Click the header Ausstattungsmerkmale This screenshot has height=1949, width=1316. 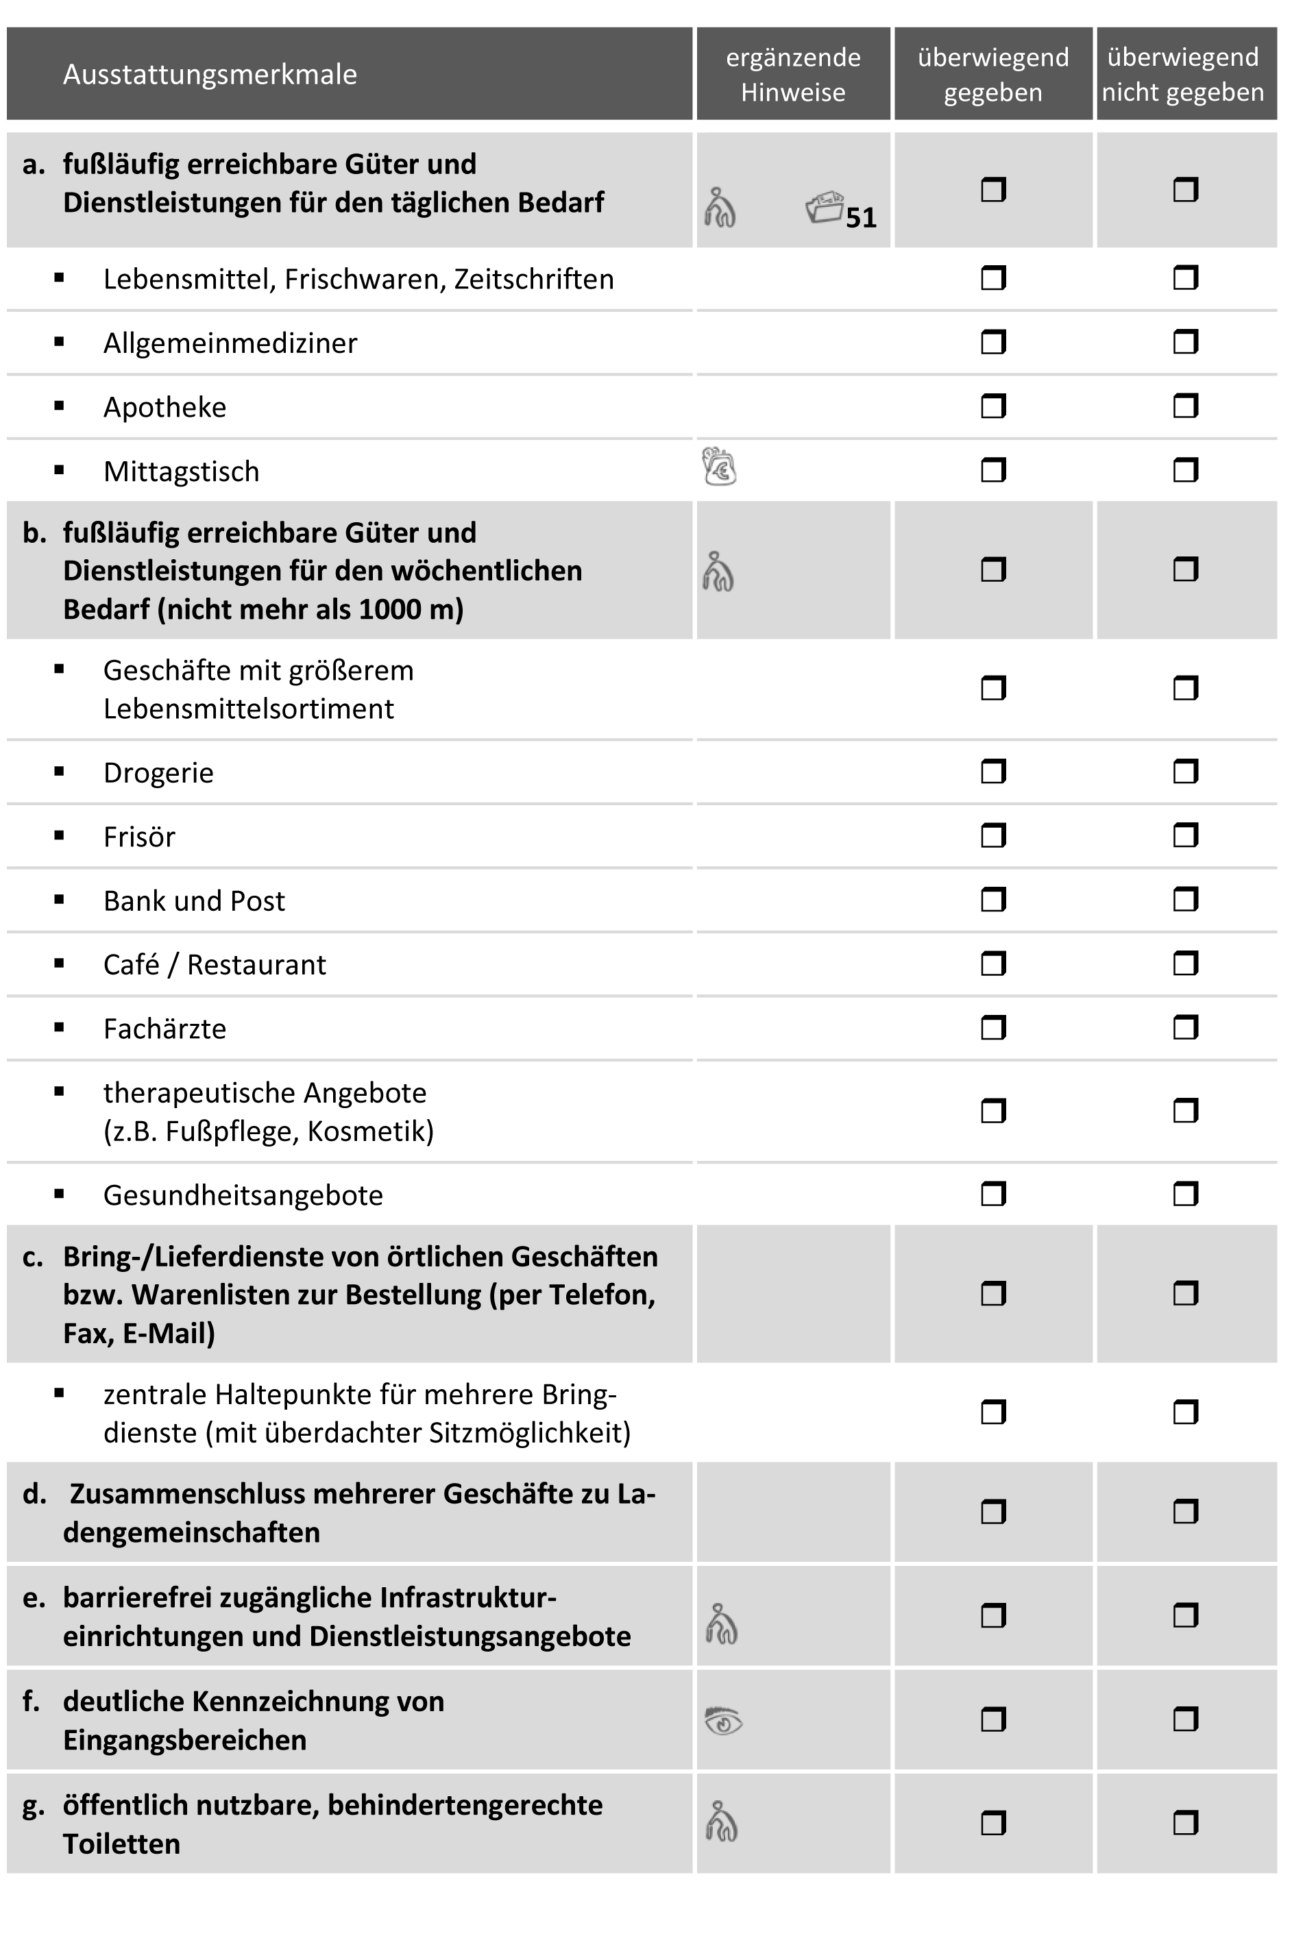click(210, 75)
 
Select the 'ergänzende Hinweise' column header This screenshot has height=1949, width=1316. click(792, 75)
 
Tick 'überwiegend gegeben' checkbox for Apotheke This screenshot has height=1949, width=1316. click(993, 407)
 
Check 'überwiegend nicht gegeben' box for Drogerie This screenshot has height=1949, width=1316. click(1185, 772)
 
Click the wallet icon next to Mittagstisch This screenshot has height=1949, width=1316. click(719, 467)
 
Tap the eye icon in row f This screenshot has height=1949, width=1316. click(723, 1721)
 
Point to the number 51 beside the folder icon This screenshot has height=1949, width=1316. click(861, 218)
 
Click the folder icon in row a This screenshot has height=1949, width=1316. click(824, 207)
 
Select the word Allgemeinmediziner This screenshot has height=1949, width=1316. click(230, 343)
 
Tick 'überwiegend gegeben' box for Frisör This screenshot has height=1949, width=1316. click(993, 836)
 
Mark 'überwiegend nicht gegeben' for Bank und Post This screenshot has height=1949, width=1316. click(1185, 900)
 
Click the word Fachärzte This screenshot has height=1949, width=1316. click(164, 1029)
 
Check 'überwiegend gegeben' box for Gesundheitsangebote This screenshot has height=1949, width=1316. click(993, 1194)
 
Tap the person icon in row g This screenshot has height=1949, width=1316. click(721, 1822)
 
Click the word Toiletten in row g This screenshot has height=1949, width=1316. click(121, 1843)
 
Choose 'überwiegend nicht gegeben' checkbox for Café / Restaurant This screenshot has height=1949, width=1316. click(1185, 964)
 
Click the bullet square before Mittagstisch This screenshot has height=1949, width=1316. click(59, 471)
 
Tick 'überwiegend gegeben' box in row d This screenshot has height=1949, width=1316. click(993, 1512)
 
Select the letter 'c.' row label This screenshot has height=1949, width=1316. click(33, 1257)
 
